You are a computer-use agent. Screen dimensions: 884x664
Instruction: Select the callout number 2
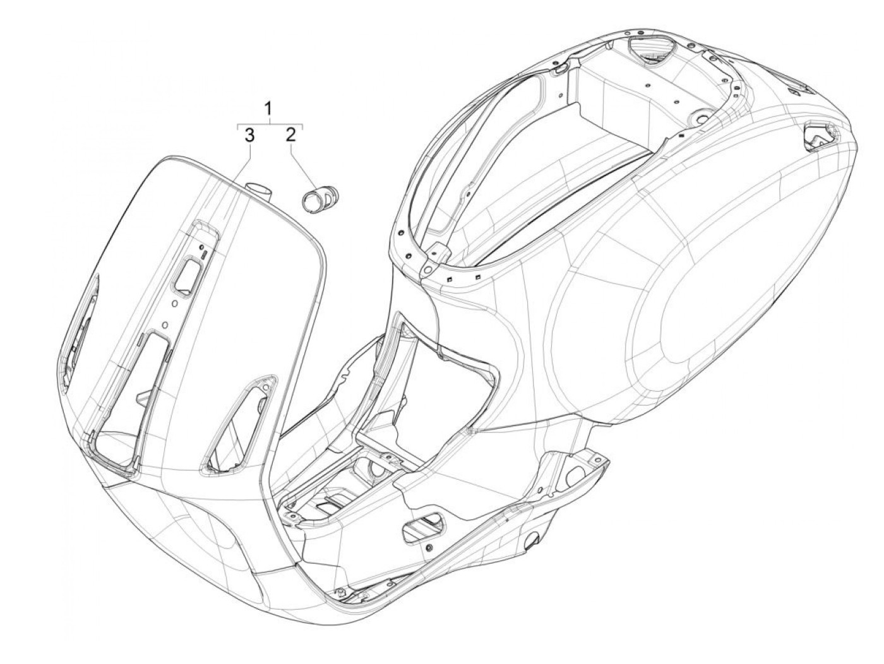pyautogui.click(x=290, y=134)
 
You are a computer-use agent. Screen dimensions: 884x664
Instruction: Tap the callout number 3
pyautogui.click(x=250, y=134)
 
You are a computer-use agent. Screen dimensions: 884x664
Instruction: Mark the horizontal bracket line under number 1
pyautogui.click(x=270, y=124)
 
